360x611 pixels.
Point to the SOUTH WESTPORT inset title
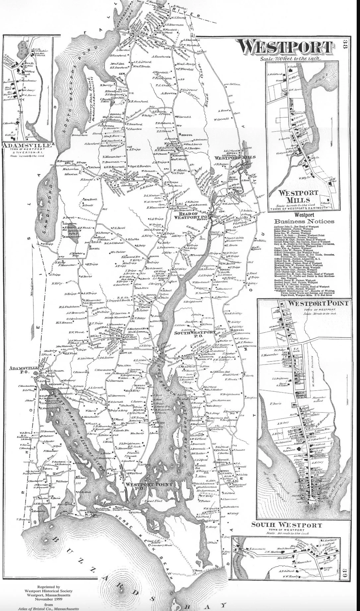pos(286,525)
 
